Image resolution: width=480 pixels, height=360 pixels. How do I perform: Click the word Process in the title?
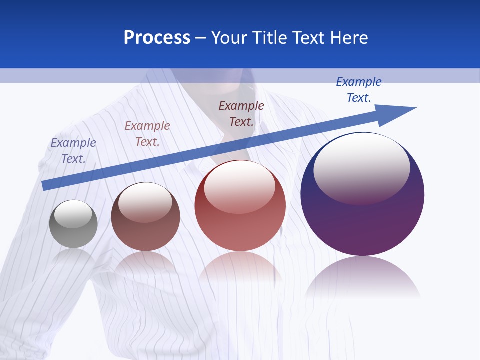[x=157, y=38]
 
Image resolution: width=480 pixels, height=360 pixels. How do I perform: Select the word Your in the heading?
[x=229, y=38]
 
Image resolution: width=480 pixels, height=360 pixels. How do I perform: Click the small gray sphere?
[x=73, y=224]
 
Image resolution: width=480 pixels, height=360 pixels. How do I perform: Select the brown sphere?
[x=145, y=217]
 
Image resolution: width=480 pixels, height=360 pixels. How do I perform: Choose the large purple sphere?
[x=362, y=194]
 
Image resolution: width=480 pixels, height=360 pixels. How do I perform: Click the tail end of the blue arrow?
[x=45, y=185]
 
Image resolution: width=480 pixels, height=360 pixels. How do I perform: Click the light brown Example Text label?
[x=147, y=134]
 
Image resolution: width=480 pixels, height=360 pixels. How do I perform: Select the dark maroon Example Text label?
[x=241, y=113]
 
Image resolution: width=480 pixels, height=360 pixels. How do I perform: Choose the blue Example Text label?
[x=359, y=89]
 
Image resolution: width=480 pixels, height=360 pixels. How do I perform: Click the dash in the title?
[x=201, y=38]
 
